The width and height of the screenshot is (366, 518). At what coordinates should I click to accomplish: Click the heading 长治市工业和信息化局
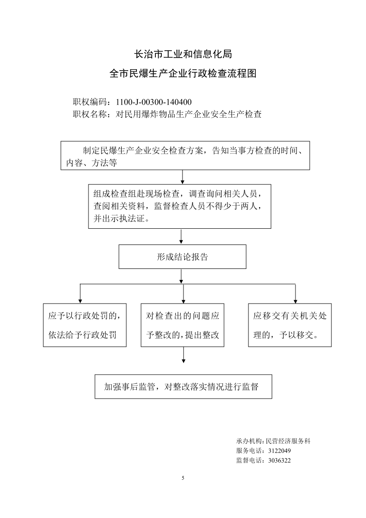[x=183, y=54]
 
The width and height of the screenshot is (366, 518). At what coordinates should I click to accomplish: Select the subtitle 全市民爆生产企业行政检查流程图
[x=183, y=73]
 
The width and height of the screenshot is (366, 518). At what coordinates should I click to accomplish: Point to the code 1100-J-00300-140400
[x=153, y=102]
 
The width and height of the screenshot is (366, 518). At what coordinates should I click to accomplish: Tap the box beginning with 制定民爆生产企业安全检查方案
[x=185, y=155]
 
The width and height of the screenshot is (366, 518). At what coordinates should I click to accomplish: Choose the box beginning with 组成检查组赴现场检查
[x=179, y=207]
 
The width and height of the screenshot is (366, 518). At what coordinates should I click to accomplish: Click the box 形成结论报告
[x=183, y=256]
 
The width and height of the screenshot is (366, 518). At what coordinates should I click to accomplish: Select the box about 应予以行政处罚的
[x=85, y=325]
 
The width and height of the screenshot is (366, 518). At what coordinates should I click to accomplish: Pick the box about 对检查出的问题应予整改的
[x=183, y=325]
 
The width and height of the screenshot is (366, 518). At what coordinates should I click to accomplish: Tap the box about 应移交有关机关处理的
[x=290, y=325]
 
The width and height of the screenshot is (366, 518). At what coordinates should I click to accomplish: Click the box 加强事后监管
[x=183, y=387]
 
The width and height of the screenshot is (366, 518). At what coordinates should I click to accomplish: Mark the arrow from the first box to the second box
[x=182, y=177]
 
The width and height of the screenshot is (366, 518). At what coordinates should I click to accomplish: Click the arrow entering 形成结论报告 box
[x=181, y=237]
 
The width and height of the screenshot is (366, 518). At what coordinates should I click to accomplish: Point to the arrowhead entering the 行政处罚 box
[x=80, y=301]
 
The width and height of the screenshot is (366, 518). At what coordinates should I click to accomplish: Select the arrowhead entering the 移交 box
[x=295, y=301]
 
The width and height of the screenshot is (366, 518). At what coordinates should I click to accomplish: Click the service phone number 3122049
[x=279, y=451]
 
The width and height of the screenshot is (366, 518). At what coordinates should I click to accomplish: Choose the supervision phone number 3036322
[x=279, y=460]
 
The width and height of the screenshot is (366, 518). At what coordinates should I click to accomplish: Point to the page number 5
[x=183, y=478]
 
